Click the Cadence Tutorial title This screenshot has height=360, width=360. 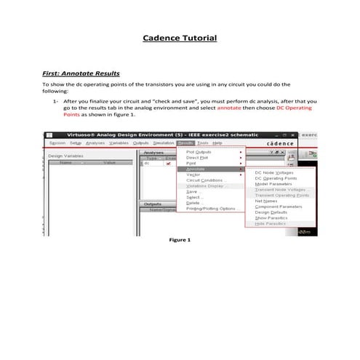click(x=179, y=37)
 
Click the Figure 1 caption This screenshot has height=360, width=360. click(x=179, y=239)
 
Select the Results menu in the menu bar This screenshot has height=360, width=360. click(x=185, y=143)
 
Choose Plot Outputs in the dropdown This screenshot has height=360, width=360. click(x=199, y=152)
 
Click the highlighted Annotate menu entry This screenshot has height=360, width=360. click(x=196, y=169)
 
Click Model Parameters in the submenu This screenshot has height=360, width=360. click(x=273, y=184)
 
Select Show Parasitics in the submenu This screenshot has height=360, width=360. click(x=271, y=218)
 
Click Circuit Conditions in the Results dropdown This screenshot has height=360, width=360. click(x=207, y=180)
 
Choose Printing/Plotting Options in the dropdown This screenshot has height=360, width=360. click(x=212, y=209)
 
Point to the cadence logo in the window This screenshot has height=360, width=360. click(x=279, y=144)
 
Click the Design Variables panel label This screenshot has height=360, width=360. click(x=65, y=156)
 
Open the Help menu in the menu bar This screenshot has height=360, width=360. click(x=217, y=143)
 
